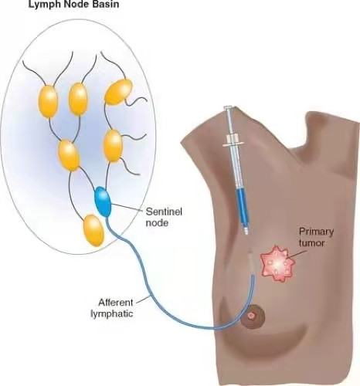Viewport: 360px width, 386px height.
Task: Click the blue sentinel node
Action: tap(103, 202)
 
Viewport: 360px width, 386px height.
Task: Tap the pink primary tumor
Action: tap(277, 264)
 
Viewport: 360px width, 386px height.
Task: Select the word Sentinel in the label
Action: tap(164, 212)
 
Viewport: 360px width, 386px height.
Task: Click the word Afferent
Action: tap(116, 303)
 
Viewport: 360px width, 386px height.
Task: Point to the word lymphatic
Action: tap(112, 313)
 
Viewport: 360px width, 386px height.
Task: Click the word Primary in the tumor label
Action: tap(316, 232)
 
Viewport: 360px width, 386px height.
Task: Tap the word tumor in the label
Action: tap(311, 243)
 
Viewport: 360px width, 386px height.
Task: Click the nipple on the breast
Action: tap(252, 315)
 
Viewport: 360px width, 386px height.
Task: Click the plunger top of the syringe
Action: tap(227, 107)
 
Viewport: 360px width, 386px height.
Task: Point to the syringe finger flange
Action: tap(233, 144)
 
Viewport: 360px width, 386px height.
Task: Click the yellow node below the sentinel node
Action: tap(93, 230)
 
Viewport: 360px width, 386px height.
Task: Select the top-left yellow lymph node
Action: tap(49, 101)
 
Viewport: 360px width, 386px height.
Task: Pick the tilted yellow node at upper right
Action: tap(118, 92)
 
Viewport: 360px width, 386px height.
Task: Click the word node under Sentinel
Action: tap(157, 223)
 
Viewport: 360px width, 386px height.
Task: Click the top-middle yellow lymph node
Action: tap(78, 99)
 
